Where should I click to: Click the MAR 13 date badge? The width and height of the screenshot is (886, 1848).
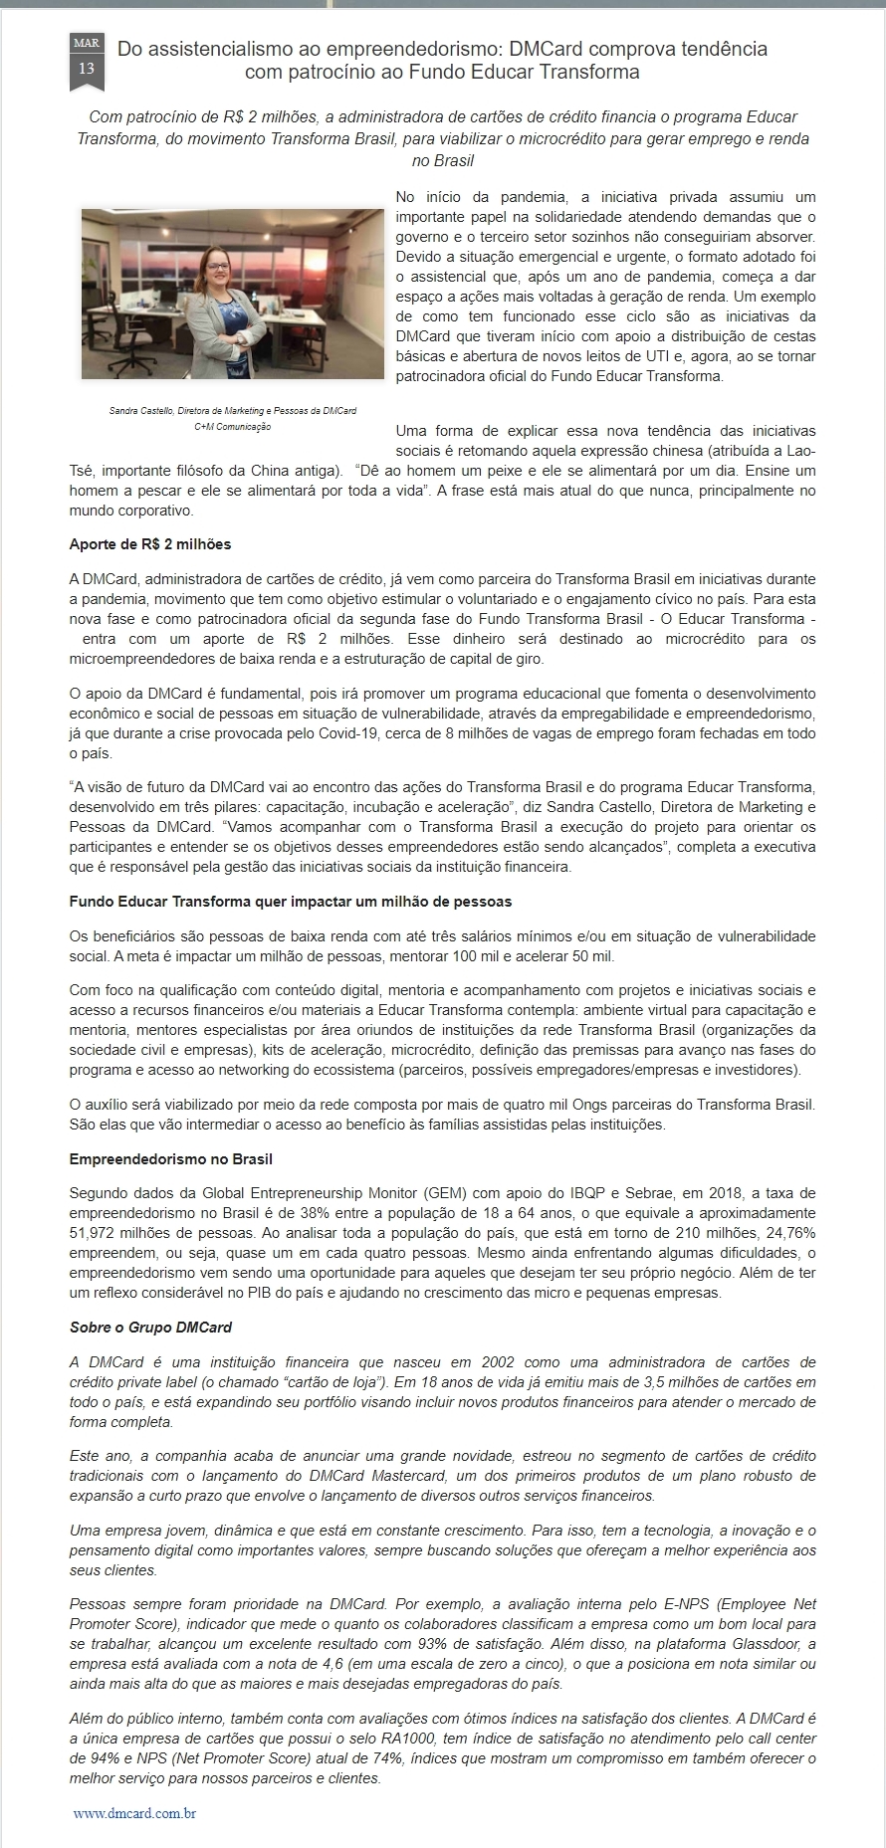pyautogui.click(x=87, y=60)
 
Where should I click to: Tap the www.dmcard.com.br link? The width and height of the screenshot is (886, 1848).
pyautogui.click(x=134, y=1813)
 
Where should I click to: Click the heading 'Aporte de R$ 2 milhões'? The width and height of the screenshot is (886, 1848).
pyautogui.click(x=150, y=544)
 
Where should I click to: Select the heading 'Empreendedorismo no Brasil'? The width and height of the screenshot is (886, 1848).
pyautogui.click(x=171, y=1159)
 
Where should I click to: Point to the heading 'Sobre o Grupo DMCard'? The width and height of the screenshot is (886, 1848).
pyautogui.click(x=151, y=1328)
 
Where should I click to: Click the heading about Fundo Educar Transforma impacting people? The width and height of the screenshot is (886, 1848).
pyautogui.click(x=291, y=902)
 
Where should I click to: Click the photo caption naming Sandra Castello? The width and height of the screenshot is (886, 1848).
pyautogui.click(x=233, y=410)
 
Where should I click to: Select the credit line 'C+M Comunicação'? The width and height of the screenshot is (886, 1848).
pyautogui.click(x=233, y=427)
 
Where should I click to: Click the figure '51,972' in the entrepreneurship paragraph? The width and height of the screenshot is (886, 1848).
pyautogui.click(x=94, y=1233)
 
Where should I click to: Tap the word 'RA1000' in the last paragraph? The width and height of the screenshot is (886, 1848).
pyautogui.click(x=415, y=1739)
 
